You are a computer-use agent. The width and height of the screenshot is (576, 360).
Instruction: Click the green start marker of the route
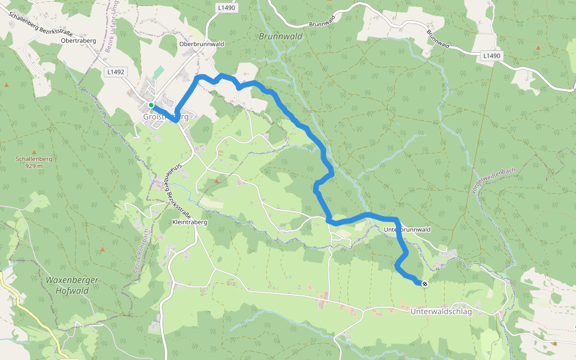click(151, 105)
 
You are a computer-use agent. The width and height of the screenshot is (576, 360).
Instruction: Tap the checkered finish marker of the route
click(425, 284)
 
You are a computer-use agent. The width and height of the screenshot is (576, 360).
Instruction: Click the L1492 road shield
click(115, 72)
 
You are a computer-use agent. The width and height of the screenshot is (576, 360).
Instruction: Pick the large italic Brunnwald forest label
click(280, 36)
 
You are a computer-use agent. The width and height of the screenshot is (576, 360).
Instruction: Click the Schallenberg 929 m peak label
click(30, 162)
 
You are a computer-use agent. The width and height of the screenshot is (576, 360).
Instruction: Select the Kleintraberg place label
click(190, 222)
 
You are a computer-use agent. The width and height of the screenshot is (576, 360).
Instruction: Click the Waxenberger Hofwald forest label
click(71, 285)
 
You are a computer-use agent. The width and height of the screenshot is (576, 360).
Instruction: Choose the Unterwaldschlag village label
click(442, 312)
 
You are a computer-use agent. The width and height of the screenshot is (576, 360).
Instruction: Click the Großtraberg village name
click(166, 117)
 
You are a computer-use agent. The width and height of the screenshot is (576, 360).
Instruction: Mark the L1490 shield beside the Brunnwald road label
click(491, 56)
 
